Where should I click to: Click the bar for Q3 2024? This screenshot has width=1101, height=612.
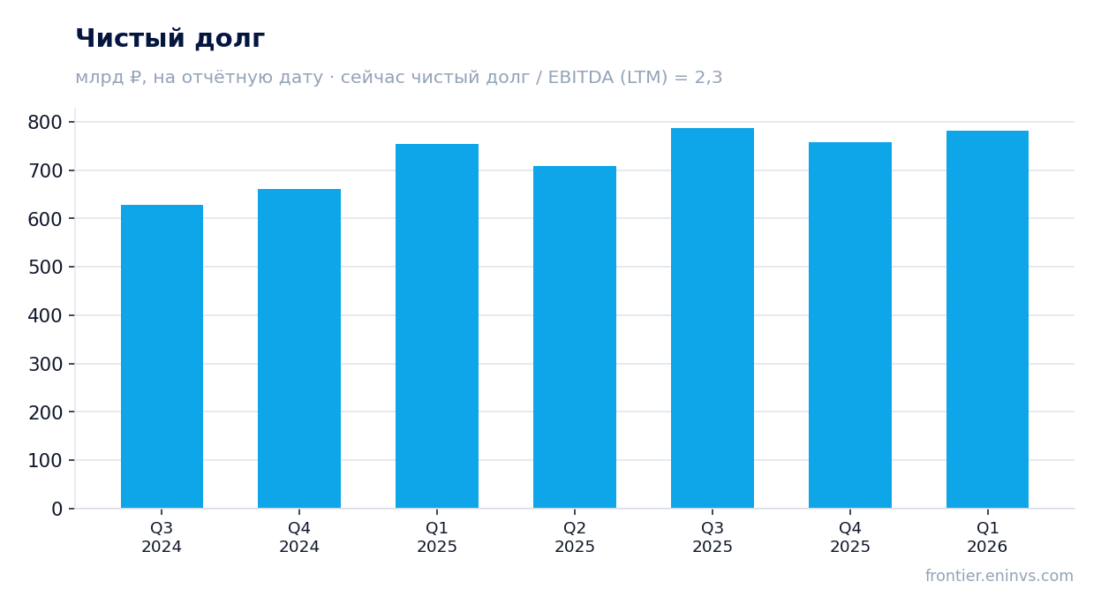coord(162,357)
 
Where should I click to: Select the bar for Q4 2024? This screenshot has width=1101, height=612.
coord(299,349)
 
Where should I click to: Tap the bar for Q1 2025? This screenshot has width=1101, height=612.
coord(437,326)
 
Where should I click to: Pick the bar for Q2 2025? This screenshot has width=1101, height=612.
coord(575,337)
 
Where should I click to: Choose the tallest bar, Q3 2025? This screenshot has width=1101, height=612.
coord(713,318)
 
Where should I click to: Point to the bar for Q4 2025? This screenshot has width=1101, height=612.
coord(850,325)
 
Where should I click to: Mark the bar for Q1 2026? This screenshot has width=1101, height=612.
coord(987,320)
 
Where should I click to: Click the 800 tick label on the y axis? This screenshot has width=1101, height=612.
coord(45,123)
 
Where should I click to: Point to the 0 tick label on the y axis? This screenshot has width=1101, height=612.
coord(57,509)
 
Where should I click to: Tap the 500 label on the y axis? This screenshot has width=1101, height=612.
coord(45,268)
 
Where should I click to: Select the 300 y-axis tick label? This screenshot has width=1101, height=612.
coord(45,364)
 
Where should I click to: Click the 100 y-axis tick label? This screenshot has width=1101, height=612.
coord(45,461)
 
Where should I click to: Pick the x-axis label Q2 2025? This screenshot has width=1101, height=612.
coord(575,537)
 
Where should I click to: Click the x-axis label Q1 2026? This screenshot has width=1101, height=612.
coord(987,537)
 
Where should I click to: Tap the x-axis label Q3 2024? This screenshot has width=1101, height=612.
coord(162,537)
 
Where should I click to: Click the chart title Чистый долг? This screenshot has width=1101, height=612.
coord(170,38)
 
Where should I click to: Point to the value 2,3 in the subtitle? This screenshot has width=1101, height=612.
coord(708,78)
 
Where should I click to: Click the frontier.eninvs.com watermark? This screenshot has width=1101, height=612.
coord(999,576)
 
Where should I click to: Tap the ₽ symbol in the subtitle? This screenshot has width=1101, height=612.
coord(135,77)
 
